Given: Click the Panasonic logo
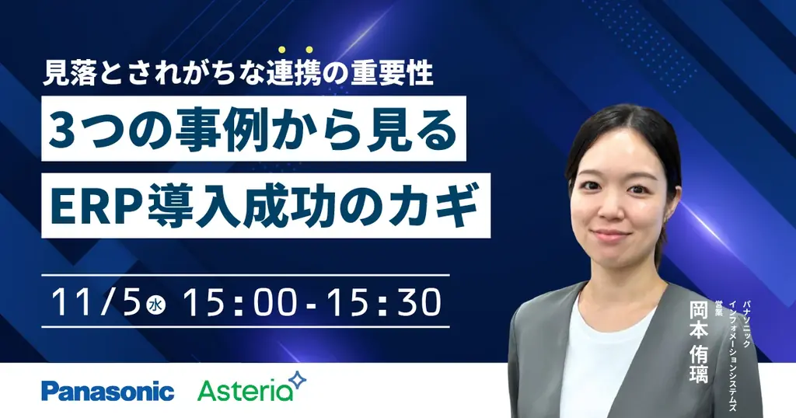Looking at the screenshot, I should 107,390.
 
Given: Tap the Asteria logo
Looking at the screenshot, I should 245,390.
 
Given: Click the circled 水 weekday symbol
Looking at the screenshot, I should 156,305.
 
